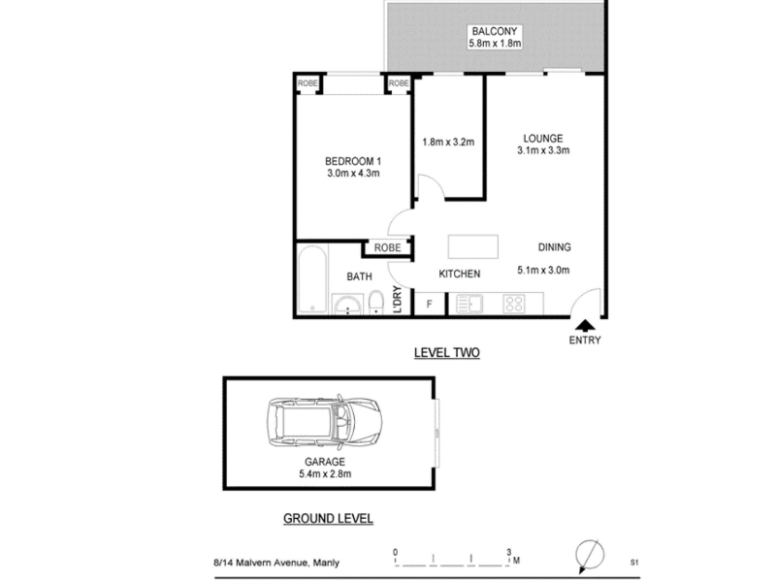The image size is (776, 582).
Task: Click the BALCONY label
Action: point(494,31)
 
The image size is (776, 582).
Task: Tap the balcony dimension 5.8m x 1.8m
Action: point(495,43)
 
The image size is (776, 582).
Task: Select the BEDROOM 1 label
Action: point(353,161)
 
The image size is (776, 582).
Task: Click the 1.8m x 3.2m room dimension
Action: point(448,142)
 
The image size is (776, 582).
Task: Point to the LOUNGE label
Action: point(543,139)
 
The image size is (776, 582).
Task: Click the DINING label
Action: point(554,247)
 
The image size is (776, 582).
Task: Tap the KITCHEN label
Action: point(459,274)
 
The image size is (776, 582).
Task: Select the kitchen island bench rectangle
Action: point(473,246)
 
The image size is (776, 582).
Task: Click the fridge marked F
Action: point(429,304)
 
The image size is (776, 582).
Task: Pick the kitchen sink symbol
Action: point(469,304)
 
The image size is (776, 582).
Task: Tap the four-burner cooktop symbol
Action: point(514,304)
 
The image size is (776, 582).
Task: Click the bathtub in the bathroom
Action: point(312,279)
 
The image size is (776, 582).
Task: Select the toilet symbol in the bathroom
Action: point(376,302)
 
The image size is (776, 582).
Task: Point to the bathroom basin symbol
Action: point(347,305)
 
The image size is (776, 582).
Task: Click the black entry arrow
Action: point(586,325)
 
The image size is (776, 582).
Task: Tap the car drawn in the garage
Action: point(325,422)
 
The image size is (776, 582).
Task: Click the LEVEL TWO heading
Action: point(447,353)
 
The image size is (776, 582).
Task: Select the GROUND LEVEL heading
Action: point(328,519)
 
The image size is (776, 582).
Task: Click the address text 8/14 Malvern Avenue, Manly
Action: point(276,563)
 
